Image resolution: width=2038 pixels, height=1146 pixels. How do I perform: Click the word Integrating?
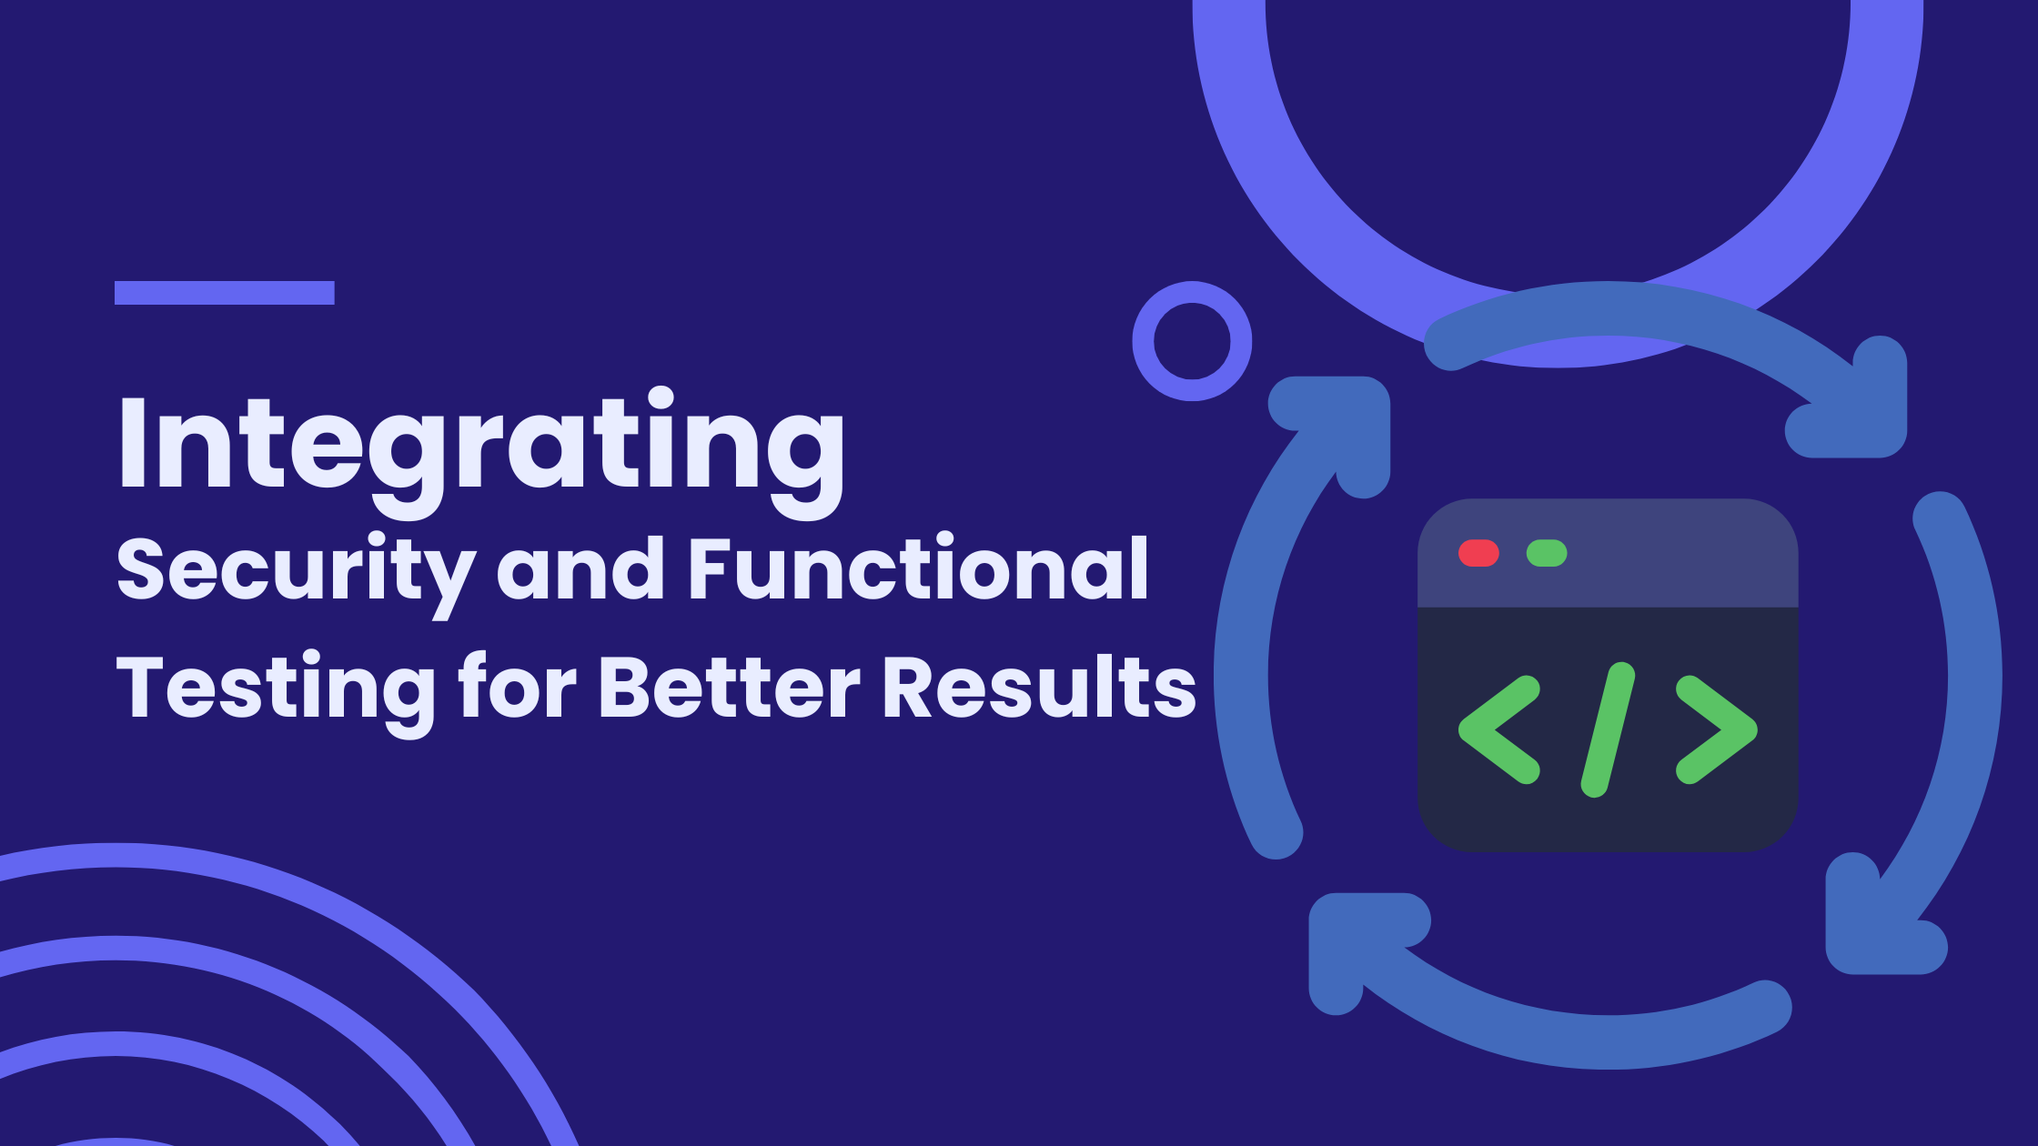481,452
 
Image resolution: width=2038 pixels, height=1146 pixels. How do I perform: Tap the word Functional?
919,568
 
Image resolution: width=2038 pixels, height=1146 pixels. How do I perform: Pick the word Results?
1040,686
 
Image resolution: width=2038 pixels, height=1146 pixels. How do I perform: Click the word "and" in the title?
580,568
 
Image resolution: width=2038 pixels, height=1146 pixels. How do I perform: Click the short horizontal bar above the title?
225,293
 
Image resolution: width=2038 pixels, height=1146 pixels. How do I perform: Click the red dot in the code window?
1478,553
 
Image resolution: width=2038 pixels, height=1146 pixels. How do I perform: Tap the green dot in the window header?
1547,553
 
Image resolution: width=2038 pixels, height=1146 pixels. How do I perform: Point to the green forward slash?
1608,730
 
